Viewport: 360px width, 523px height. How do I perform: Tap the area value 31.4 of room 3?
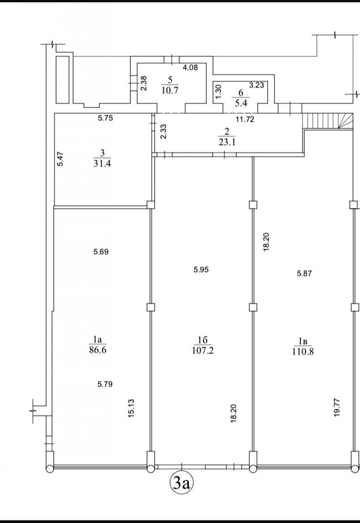(x=102, y=163)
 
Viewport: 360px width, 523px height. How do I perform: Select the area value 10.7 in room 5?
(x=170, y=90)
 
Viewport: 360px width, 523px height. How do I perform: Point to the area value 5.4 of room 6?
(x=241, y=103)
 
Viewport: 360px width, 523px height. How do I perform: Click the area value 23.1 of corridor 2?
(x=227, y=142)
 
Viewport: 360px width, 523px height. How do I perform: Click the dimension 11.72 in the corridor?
(x=245, y=119)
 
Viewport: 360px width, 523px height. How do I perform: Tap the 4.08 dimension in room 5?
(x=190, y=68)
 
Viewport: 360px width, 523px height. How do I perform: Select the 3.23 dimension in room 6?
(x=256, y=85)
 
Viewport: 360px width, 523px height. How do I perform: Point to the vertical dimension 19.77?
(x=336, y=408)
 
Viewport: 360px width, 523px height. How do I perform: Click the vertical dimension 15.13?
(x=131, y=408)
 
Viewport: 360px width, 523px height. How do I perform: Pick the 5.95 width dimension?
(x=201, y=270)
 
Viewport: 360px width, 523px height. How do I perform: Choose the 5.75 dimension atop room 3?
(x=105, y=118)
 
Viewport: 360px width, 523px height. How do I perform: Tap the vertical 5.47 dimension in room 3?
(x=60, y=159)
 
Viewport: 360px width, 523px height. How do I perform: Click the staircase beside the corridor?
(x=328, y=120)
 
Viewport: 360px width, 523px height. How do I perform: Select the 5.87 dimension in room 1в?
(x=304, y=273)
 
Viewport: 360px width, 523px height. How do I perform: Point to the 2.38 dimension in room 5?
(x=143, y=83)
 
